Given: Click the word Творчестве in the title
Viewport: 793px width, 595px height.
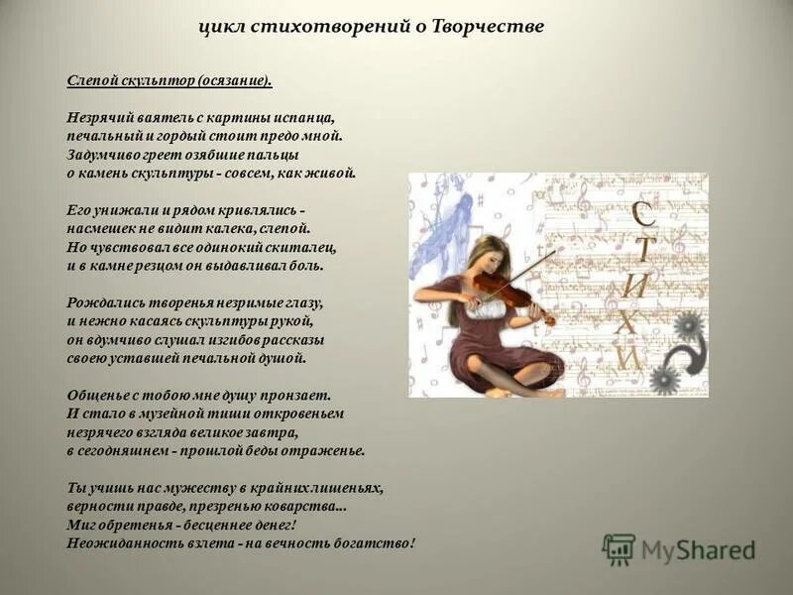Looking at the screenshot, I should [x=488, y=27].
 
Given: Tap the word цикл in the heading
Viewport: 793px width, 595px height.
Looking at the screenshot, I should [x=222, y=27].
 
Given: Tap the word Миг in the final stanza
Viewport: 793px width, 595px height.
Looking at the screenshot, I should [x=82, y=525].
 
